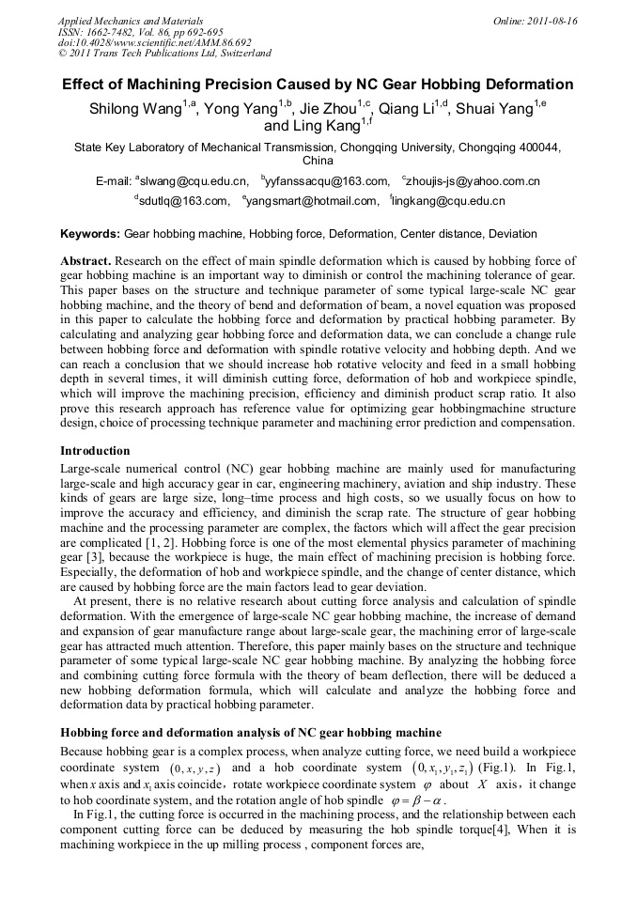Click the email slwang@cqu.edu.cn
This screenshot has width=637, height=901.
(x=194, y=180)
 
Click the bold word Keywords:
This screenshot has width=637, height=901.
(x=90, y=234)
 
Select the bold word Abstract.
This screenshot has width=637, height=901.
(x=86, y=260)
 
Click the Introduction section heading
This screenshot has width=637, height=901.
(x=95, y=451)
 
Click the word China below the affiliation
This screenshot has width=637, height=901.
(x=318, y=161)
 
